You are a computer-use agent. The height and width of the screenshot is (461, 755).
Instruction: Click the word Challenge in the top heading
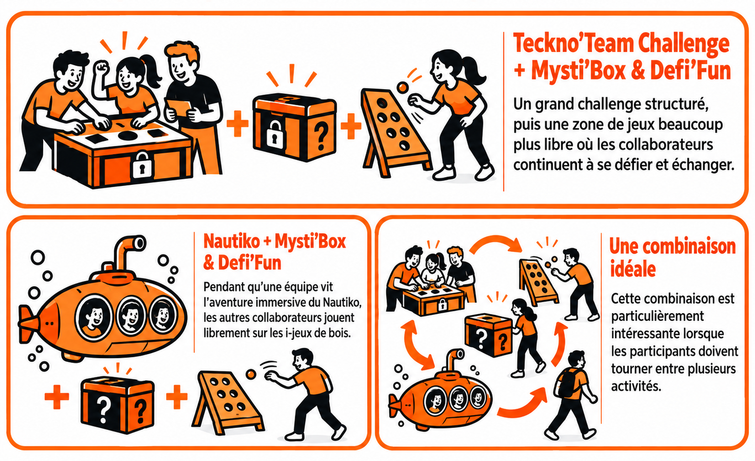pyautogui.click(x=684, y=44)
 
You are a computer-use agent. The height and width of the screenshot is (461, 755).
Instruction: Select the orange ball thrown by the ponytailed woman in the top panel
pyautogui.click(x=402, y=88)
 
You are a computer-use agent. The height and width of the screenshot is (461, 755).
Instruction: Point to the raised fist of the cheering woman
pyautogui.click(x=102, y=68)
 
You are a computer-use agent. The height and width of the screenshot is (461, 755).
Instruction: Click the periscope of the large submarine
pyautogui.click(x=128, y=250)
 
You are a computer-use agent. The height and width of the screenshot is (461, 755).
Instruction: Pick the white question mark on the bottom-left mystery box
pyautogui.click(x=103, y=410)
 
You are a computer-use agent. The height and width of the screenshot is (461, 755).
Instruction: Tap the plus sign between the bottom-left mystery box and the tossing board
pyautogui.click(x=177, y=397)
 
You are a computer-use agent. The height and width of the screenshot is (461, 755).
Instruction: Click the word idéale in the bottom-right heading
pyautogui.click(x=633, y=269)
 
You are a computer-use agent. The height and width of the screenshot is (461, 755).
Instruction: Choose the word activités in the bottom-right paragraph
pyautogui.click(x=636, y=386)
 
